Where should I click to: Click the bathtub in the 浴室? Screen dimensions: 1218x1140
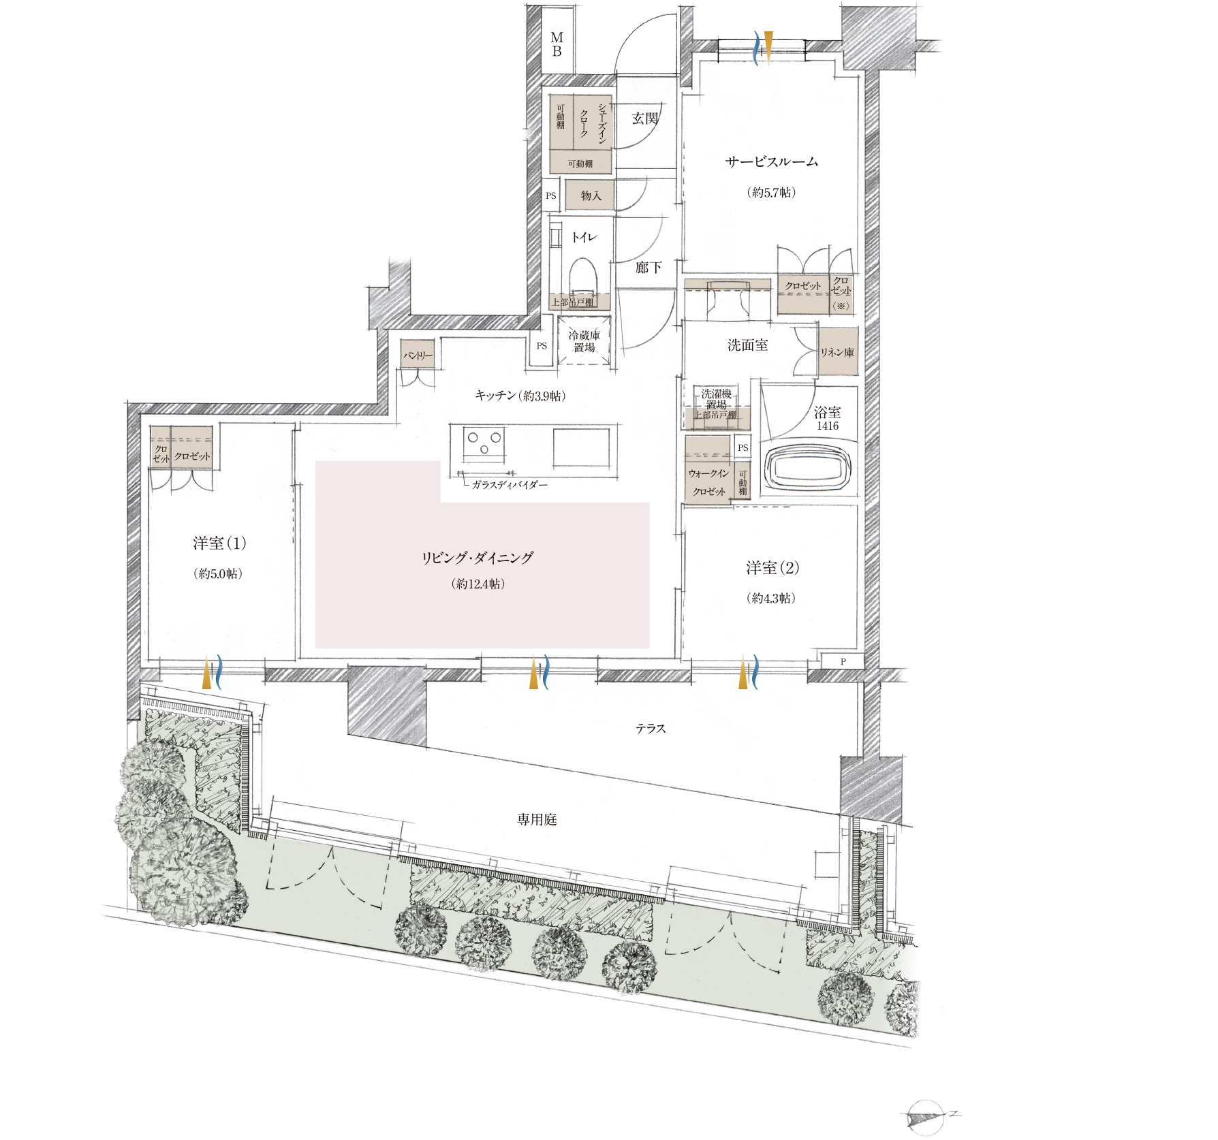(808, 468)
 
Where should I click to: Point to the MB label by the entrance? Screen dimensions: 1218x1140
(557, 44)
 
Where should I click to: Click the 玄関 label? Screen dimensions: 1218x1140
(644, 118)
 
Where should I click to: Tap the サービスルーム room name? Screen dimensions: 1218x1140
(771, 162)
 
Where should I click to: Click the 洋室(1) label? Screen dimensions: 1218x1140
(219, 543)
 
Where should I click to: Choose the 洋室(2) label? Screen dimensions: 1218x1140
(772, 568)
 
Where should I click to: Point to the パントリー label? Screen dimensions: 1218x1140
(418, 355)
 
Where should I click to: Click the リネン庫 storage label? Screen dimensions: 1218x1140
(837, 353)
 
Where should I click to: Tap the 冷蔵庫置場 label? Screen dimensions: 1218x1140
(584, 341)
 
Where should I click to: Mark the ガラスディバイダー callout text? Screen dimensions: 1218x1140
(510, 485)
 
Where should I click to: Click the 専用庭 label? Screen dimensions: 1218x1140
(537, 820)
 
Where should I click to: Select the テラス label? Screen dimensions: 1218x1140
(651, 729)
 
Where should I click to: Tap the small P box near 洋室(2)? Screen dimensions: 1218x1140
(843, 661)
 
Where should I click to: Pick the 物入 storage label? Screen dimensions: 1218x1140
(591, 196)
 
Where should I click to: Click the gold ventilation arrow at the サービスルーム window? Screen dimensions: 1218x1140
(768, 48)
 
